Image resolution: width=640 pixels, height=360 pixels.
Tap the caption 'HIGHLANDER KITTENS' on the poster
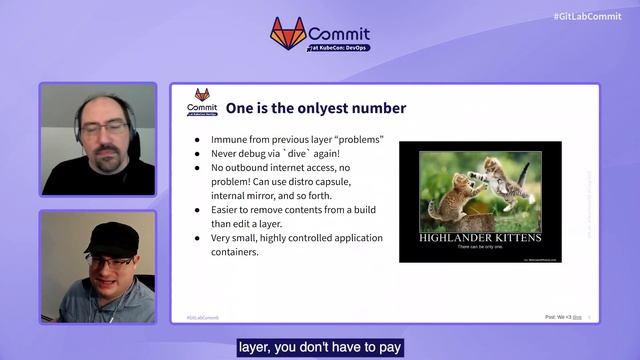point(479,239)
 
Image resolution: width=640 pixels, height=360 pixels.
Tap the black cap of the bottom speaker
point(110,237)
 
